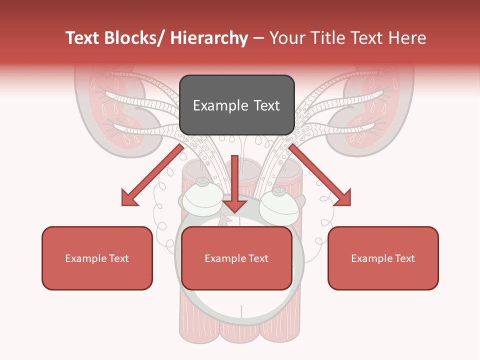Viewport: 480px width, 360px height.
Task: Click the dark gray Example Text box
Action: [x=236, y=105]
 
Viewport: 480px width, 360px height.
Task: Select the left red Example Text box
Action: [x=97, y=258]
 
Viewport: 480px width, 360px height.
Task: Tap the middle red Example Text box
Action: [x=236, y=258]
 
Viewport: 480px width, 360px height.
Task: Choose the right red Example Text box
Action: [x=383, y=258]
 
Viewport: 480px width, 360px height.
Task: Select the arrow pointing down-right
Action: [x=320, y=175]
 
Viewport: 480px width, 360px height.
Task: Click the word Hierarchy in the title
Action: [x=209, y=38]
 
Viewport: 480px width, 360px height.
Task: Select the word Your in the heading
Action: [x=286, y=38]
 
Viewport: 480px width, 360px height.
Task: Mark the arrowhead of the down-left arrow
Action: [x=129, y=198]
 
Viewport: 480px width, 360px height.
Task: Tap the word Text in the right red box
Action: [x=404, y=258]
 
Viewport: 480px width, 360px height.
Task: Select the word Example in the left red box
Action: [x=85, y=258]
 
